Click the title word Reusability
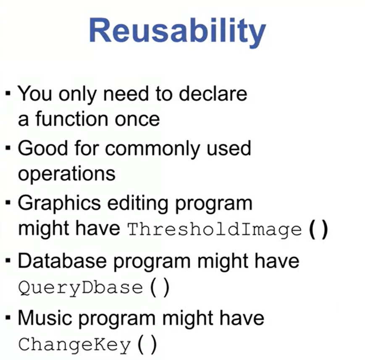pos(177,32)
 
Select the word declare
pos(213,94)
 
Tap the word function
pos(72,119)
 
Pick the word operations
pos(67,174)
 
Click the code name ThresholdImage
pos(214,230)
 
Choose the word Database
pos(62,261)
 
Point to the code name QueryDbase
pos(81,288)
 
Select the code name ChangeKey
pos(74,345)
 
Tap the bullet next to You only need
pos(8,93)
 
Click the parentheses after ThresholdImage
pos(318,230)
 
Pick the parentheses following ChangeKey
pos(147,344)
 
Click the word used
pos(229,149)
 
